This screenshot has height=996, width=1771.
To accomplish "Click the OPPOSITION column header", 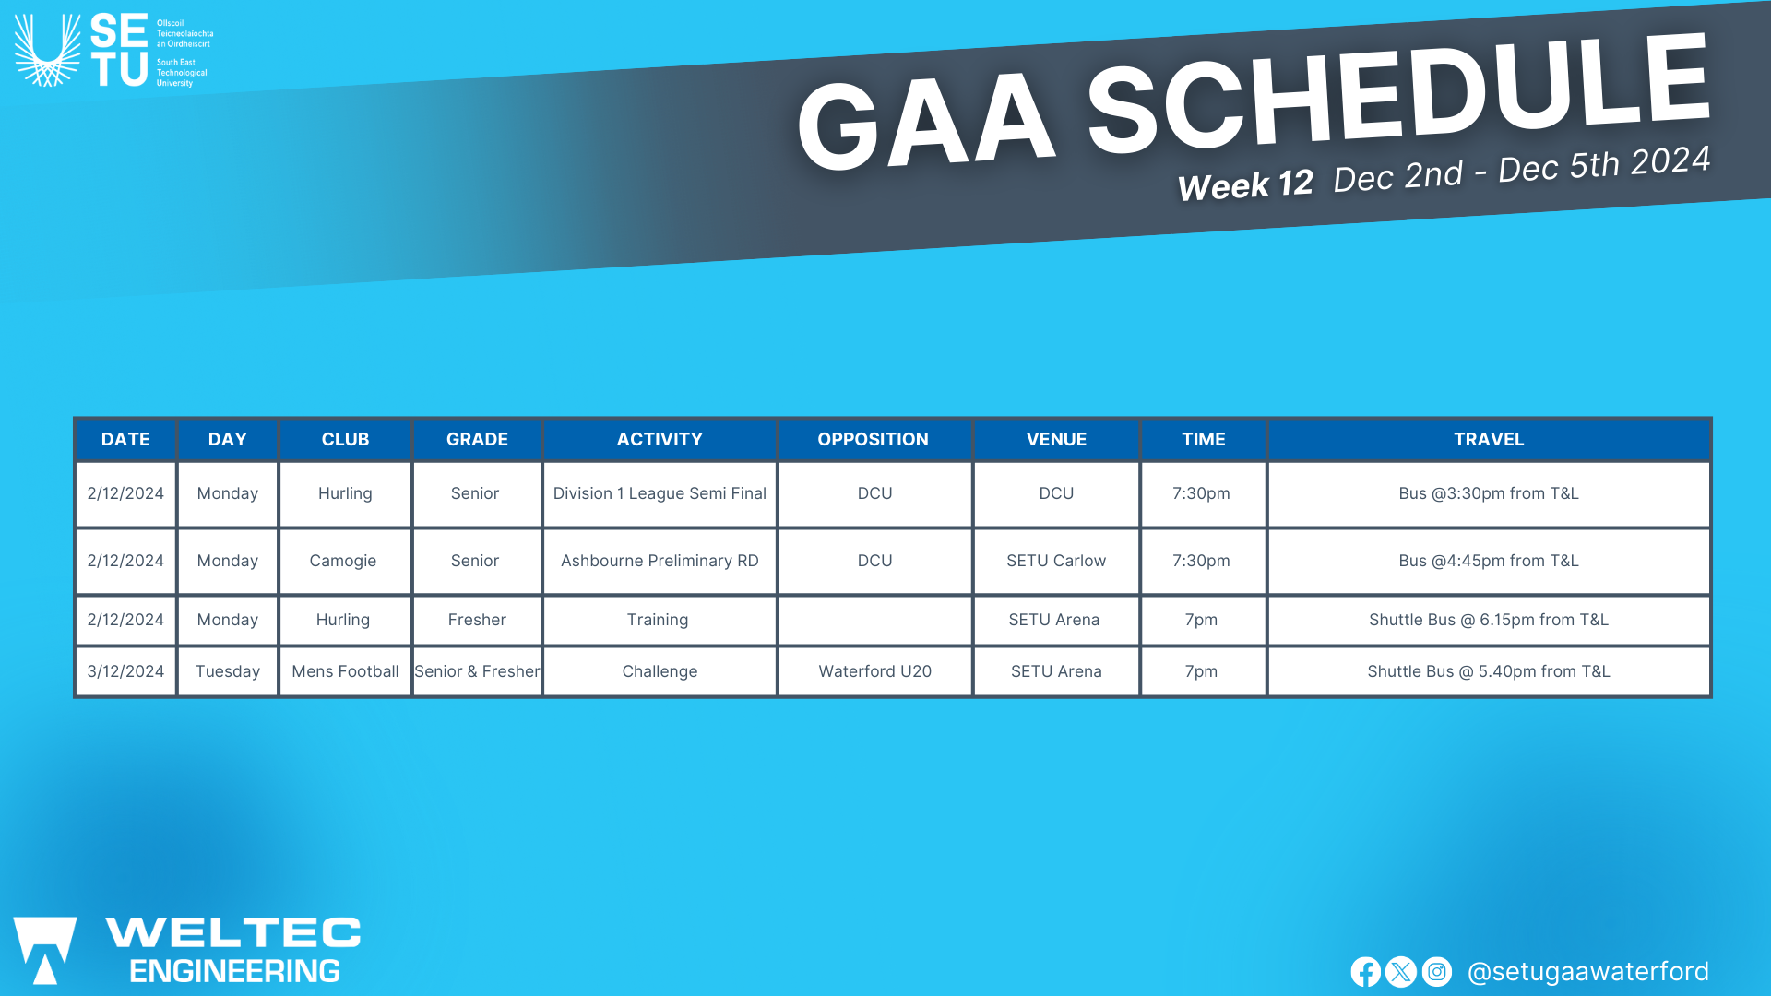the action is (873, 440).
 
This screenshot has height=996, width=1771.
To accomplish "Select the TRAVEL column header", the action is (1489, 440).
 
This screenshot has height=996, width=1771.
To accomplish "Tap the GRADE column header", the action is (477, 440).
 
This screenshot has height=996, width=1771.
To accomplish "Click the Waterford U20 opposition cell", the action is (874, 671).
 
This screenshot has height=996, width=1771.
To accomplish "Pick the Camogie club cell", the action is (344, 561).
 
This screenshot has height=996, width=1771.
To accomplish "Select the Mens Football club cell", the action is (345, 671).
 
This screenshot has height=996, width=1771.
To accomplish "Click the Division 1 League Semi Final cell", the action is (660, 493).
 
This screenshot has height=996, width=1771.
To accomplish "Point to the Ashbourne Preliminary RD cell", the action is (660, 561).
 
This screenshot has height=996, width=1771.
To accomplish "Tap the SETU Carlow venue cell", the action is (1056, 561).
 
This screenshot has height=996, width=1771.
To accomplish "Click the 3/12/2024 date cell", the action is (125, 671).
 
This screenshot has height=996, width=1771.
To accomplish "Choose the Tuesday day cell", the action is (228, 671).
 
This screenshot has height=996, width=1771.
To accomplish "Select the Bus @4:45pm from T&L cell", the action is (1489, 561).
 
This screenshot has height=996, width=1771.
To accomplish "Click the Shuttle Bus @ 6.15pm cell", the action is (1489, 620).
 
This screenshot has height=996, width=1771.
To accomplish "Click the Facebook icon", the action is (1365, 972).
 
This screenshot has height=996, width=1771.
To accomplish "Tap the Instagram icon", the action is (1436, 972).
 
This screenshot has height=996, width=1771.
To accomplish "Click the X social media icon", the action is (1400, 972).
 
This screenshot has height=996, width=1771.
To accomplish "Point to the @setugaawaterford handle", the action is (1587, 972).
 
